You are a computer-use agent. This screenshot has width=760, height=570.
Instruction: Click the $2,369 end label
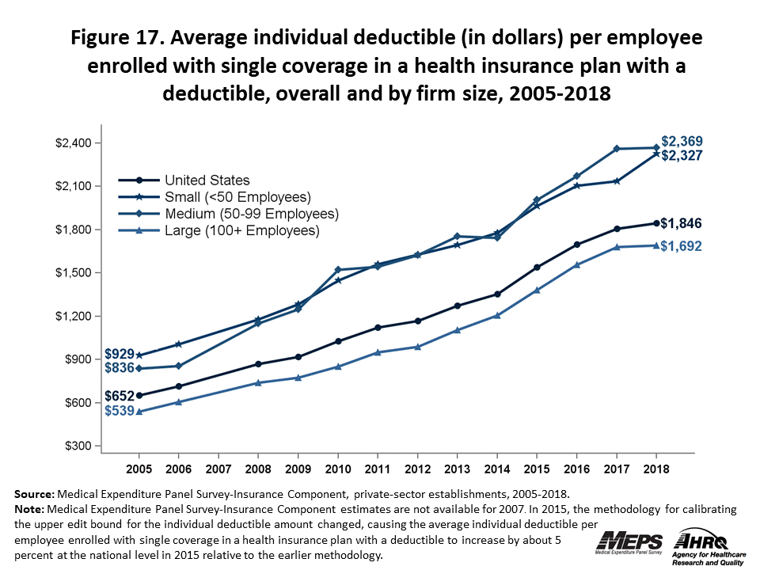coord(682,142)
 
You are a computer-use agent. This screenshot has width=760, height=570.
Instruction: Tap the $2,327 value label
coord(682,156)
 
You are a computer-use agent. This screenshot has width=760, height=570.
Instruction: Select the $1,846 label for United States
coord(682,222)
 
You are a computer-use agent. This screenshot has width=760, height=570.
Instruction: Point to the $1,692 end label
coord(682,246)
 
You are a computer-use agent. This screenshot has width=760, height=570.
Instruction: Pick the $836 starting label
coord(119,367)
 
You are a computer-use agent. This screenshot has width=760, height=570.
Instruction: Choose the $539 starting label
coord(119,411)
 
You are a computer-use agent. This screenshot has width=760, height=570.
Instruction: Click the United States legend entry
coord(207,180)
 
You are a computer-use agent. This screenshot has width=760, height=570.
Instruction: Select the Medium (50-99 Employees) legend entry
coord(251,214)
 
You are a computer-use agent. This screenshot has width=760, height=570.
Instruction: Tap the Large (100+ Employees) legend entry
coord(241,231)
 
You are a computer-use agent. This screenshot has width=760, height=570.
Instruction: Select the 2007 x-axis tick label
coord(218,468)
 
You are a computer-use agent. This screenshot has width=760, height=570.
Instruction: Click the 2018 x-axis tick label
coord(655,468)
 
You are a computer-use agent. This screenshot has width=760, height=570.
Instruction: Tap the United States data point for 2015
coord(537,267)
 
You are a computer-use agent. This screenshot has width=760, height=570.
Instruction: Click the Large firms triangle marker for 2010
coord(338,367)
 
